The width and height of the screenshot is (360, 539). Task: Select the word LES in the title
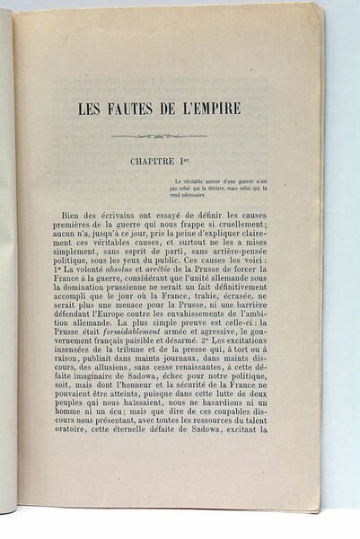click(90, 112)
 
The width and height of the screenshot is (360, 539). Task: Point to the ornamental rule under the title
click(157, 137)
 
